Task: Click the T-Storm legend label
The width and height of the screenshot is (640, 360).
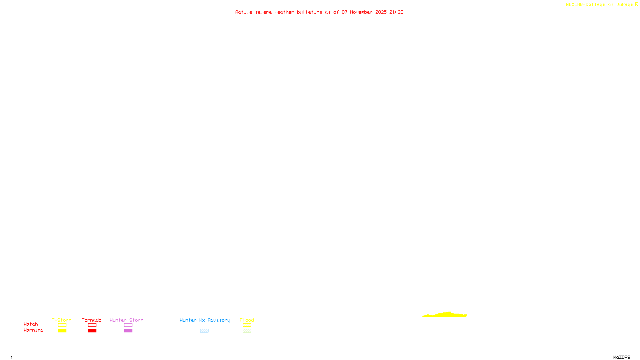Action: tap(62, 320)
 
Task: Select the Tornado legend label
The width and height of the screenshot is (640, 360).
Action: tap(92, 320)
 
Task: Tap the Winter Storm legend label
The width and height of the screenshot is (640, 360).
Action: tap(126, 320)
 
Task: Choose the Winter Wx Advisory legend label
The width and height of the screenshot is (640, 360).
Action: tap(205, 320)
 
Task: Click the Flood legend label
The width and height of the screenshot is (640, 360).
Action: tap(247, 320)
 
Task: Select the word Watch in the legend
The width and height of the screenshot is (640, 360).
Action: tap(31, 324)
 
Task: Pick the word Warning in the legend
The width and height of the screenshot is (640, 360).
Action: tap(33, 330)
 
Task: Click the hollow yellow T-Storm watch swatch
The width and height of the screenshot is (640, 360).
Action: tap(62, 325)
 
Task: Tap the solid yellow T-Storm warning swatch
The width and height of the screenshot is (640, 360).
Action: tap(62, 331)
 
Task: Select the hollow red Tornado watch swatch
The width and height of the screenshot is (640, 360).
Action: tap(92, 325)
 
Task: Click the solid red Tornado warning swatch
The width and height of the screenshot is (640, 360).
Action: tap(92, 331)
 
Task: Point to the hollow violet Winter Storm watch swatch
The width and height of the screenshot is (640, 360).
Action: tap(128, 325)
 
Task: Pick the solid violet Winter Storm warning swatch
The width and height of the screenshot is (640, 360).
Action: tap(128, 331)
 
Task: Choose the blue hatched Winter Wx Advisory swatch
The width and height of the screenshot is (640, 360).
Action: tap(204, 331)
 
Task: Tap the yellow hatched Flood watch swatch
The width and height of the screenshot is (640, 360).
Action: tap(247, 325)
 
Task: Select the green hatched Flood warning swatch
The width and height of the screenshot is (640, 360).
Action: tap(247, 331)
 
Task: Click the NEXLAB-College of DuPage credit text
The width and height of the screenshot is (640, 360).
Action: tap(599, 5)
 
